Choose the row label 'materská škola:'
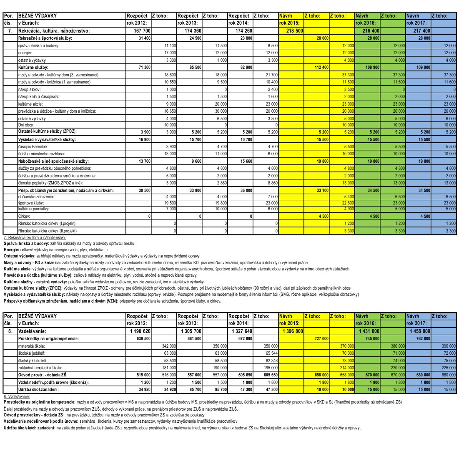(x=32, y=346)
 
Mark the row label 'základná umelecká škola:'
(x=40, y=368)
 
